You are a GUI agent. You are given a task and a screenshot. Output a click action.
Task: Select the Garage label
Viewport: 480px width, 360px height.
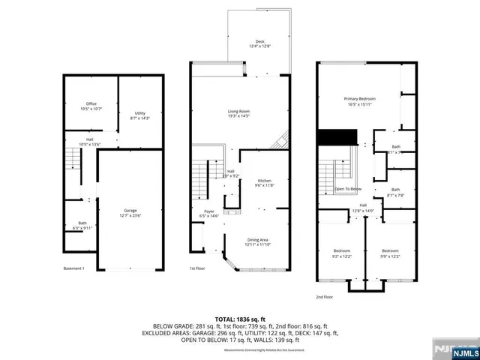130,213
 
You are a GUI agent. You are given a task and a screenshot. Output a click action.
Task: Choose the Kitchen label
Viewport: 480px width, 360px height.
264,182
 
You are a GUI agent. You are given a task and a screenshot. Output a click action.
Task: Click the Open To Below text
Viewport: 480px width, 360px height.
348,189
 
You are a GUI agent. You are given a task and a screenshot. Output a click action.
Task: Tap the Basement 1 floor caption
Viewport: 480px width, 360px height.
73,268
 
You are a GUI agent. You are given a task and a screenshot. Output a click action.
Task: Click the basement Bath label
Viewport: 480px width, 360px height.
82,224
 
